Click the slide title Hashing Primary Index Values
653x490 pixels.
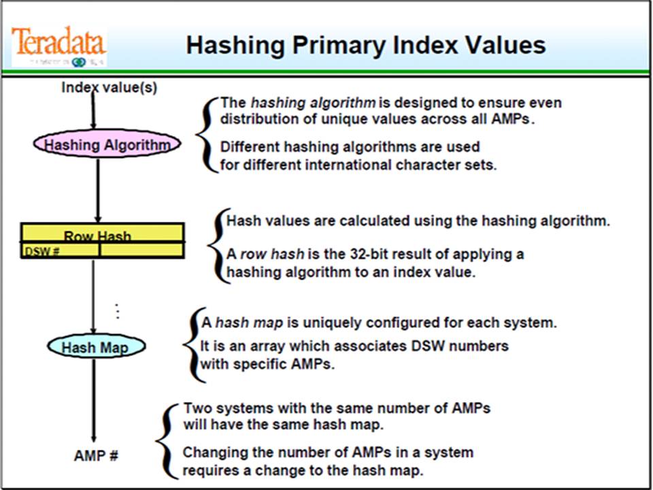365,45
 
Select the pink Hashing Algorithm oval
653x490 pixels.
107,144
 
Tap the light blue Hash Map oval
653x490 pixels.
97,347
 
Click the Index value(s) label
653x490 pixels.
109,87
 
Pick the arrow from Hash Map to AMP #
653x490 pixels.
94,402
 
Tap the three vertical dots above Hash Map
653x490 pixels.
118,311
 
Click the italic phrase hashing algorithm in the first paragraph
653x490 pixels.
313,103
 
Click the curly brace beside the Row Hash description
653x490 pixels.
218,246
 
